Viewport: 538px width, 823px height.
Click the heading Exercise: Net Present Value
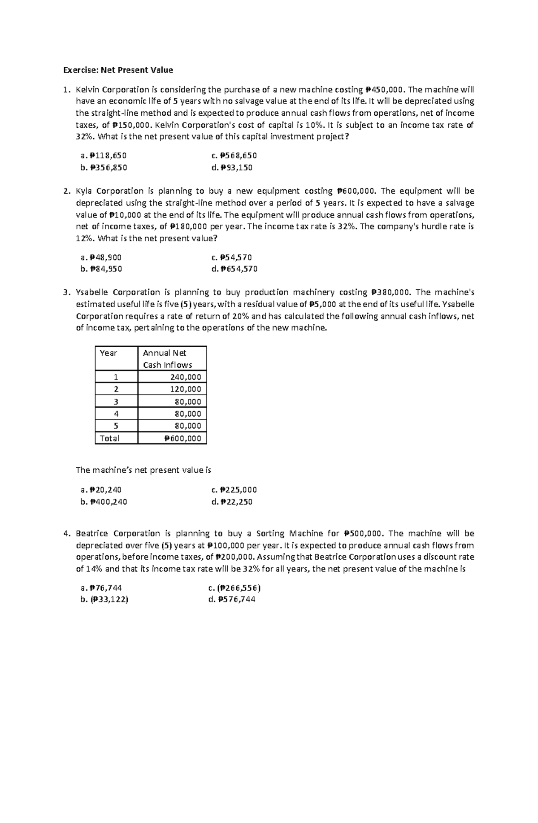117,70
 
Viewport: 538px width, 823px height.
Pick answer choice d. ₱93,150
232,168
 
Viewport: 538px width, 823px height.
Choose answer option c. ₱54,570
231,257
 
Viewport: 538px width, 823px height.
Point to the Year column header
108,353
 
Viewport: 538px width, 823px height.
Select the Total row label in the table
110,438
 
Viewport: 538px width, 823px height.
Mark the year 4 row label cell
116,414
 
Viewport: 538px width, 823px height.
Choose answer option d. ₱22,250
232,502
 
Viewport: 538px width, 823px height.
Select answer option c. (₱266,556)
234,588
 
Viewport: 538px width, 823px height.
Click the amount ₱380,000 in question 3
390,292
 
